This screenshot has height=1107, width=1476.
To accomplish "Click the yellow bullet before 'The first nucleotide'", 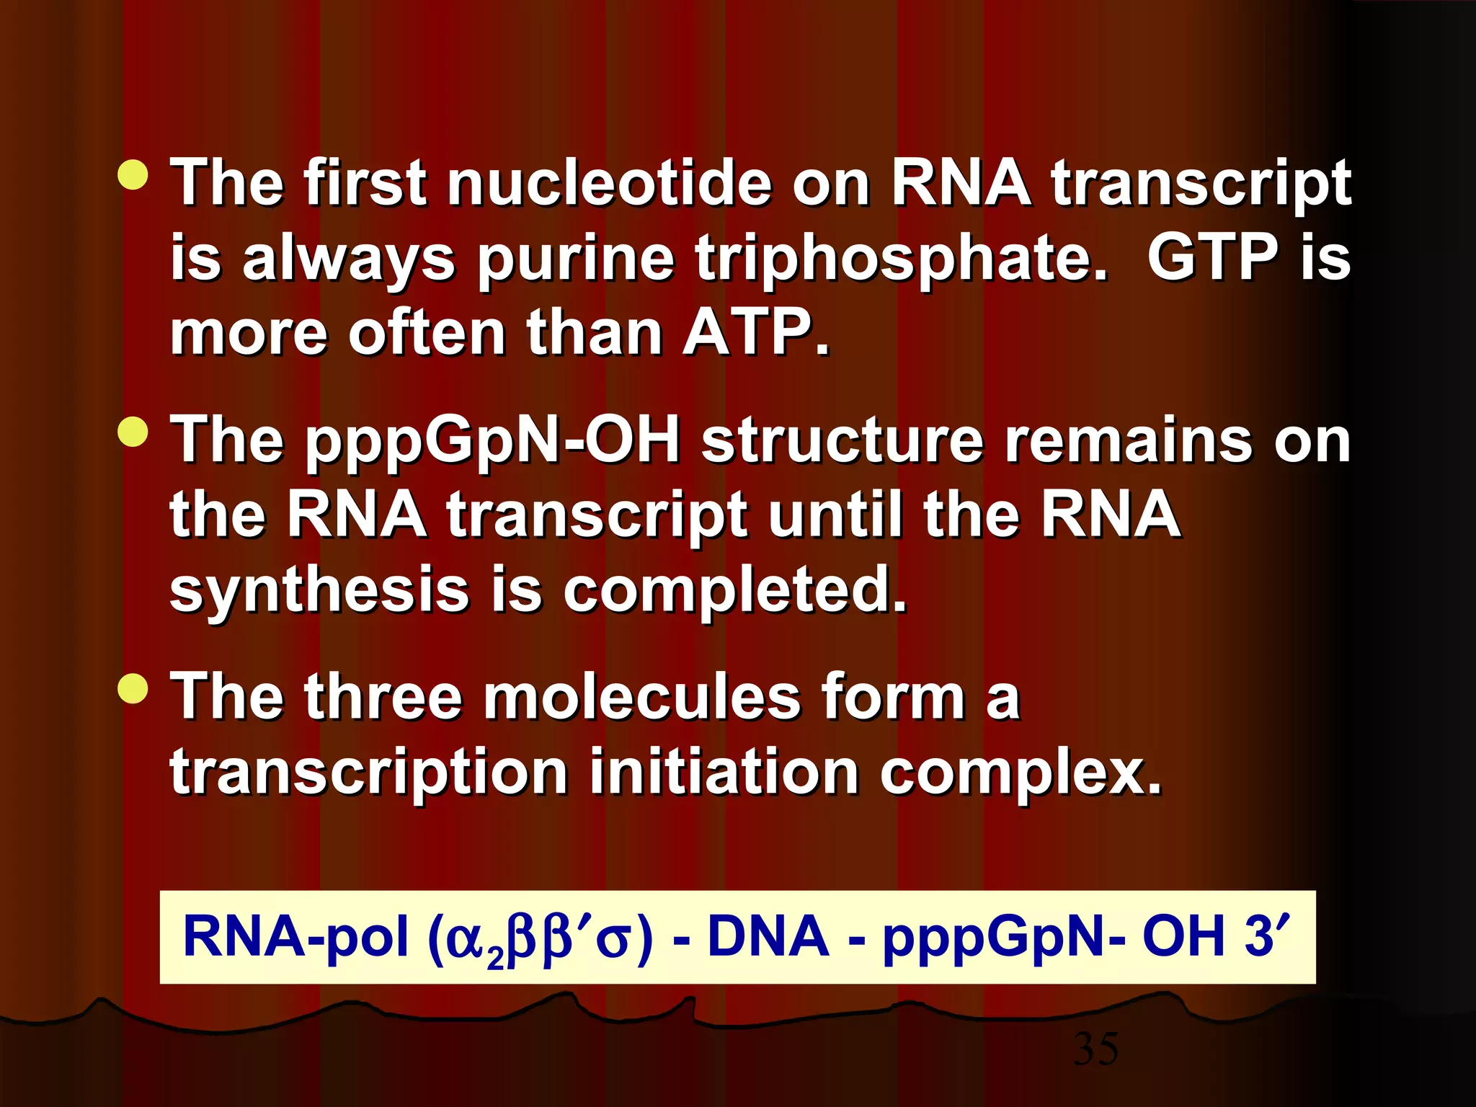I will (133, 175).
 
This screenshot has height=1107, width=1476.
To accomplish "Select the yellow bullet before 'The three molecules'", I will (133, 688).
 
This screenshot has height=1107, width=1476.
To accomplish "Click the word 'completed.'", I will (734, 591).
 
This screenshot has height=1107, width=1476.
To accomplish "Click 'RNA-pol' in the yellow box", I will (295, 937).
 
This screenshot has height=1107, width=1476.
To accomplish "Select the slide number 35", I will (1095, 1049).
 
